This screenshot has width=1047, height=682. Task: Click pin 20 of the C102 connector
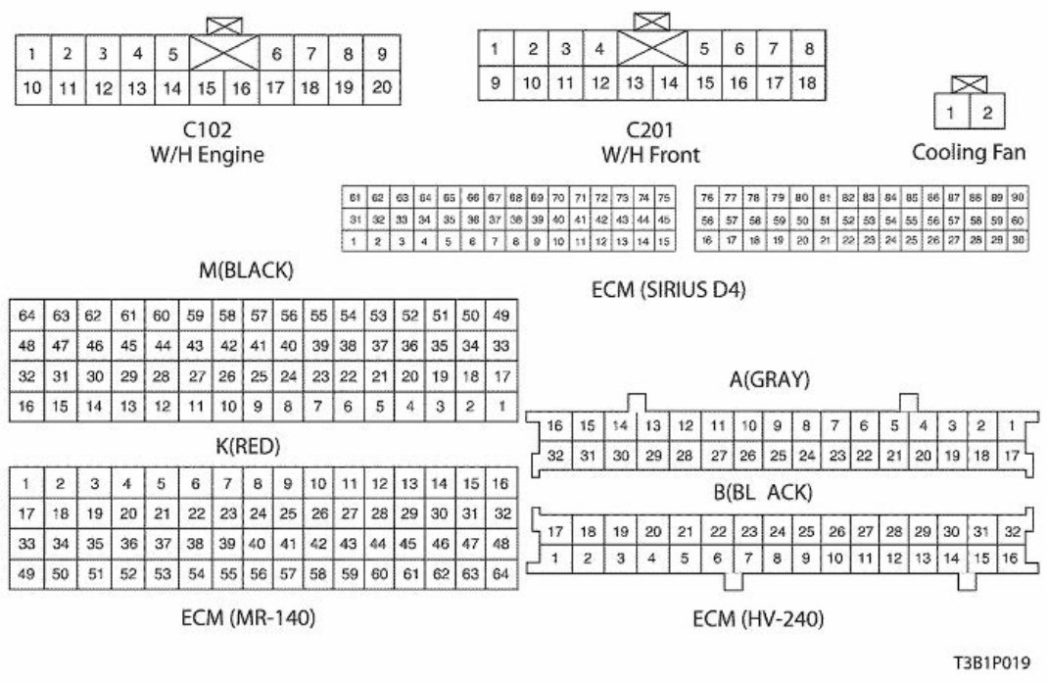click(x=382, y=88)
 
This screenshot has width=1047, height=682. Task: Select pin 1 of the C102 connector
click(x=32, y=54)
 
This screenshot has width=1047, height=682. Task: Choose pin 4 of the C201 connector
click(x=598, y=48)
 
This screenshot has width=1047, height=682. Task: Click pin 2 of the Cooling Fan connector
click(x=987, y=113)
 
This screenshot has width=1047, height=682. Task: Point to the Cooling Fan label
click(x=970, y=152)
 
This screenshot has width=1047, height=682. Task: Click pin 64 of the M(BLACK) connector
click(x=26, y=316)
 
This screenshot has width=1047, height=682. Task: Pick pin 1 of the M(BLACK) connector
click(x=501, y=406)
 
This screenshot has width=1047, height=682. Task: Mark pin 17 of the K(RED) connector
click(x=26, y=512)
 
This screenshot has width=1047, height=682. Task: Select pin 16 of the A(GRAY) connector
click(x=555, y=425)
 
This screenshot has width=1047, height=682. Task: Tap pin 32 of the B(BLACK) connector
click(x=1012, y=531)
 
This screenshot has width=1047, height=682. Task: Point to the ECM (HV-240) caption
click(x=757, y=618)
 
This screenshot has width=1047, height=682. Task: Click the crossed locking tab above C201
click(x=650, y=20)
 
